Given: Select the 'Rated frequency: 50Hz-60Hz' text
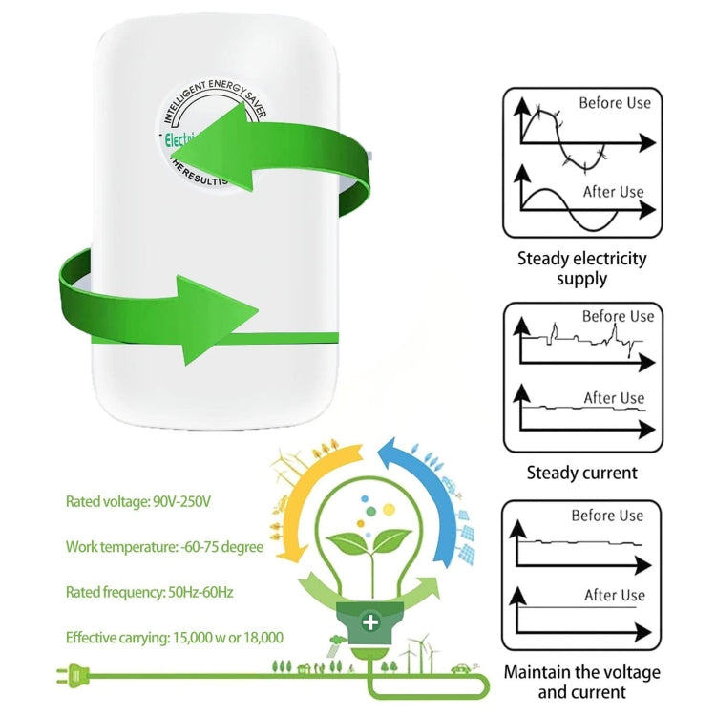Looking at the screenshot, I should pos(149,592).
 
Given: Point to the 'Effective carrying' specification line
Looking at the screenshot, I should pos(174,637).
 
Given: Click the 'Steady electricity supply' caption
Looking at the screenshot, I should pos(581,268).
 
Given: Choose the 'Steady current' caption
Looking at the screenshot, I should pos(581,473).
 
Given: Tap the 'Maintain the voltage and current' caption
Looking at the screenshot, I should pos(581,682).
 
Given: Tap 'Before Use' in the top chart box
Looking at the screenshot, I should pos(615,102).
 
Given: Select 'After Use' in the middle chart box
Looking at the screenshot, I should pos(614,398).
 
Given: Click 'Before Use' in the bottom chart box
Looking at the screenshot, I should pos(607,516).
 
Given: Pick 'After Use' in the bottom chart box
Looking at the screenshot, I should pos(614,595).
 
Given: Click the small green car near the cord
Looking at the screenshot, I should pos(459,669).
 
